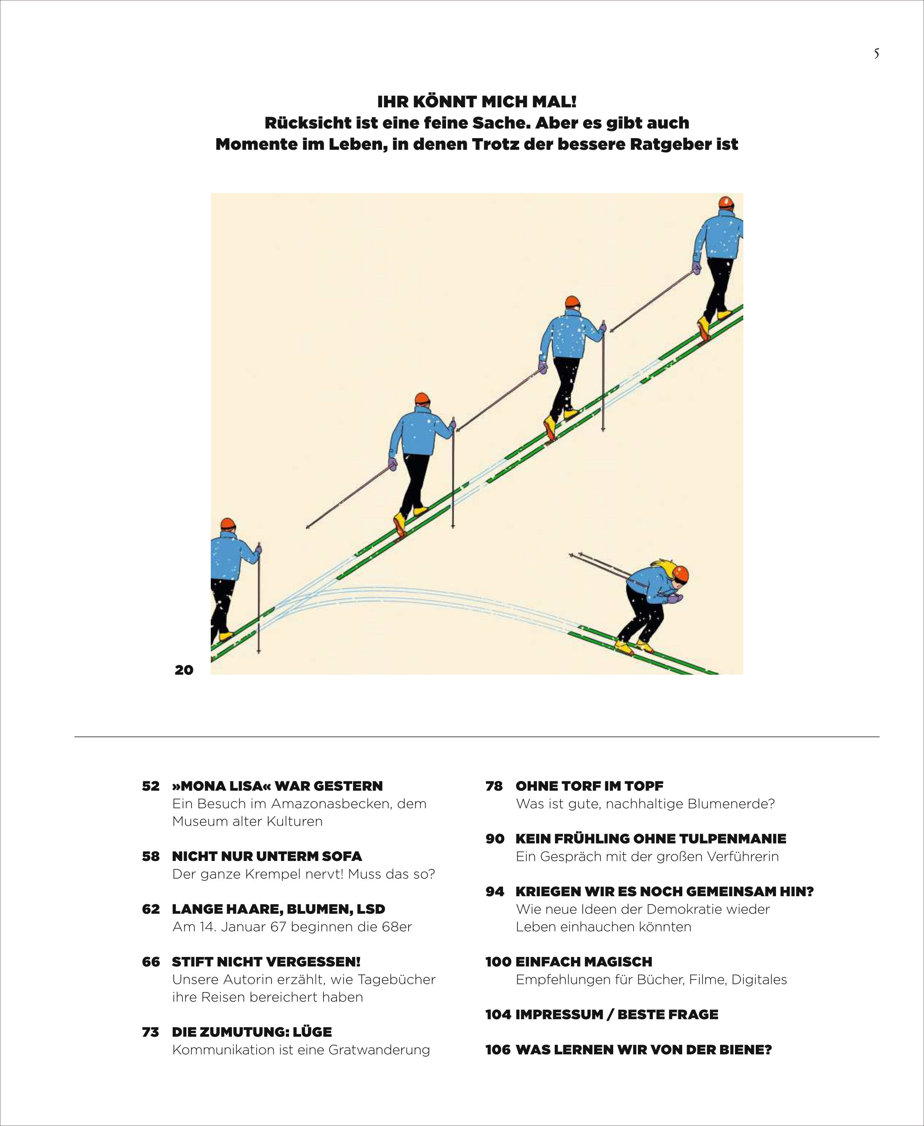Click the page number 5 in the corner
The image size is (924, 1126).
click(x=876, y=54)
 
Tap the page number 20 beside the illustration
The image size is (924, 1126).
click(x=184, y=670)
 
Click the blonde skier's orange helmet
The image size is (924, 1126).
click(x=681, y=574)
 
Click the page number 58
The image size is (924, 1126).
click(x=150, y=856)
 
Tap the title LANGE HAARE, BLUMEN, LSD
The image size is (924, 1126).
click(x=278, y=909)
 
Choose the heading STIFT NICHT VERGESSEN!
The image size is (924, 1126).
click(x=266, y=962)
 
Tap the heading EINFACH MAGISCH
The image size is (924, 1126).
click(x=583, y=962)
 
